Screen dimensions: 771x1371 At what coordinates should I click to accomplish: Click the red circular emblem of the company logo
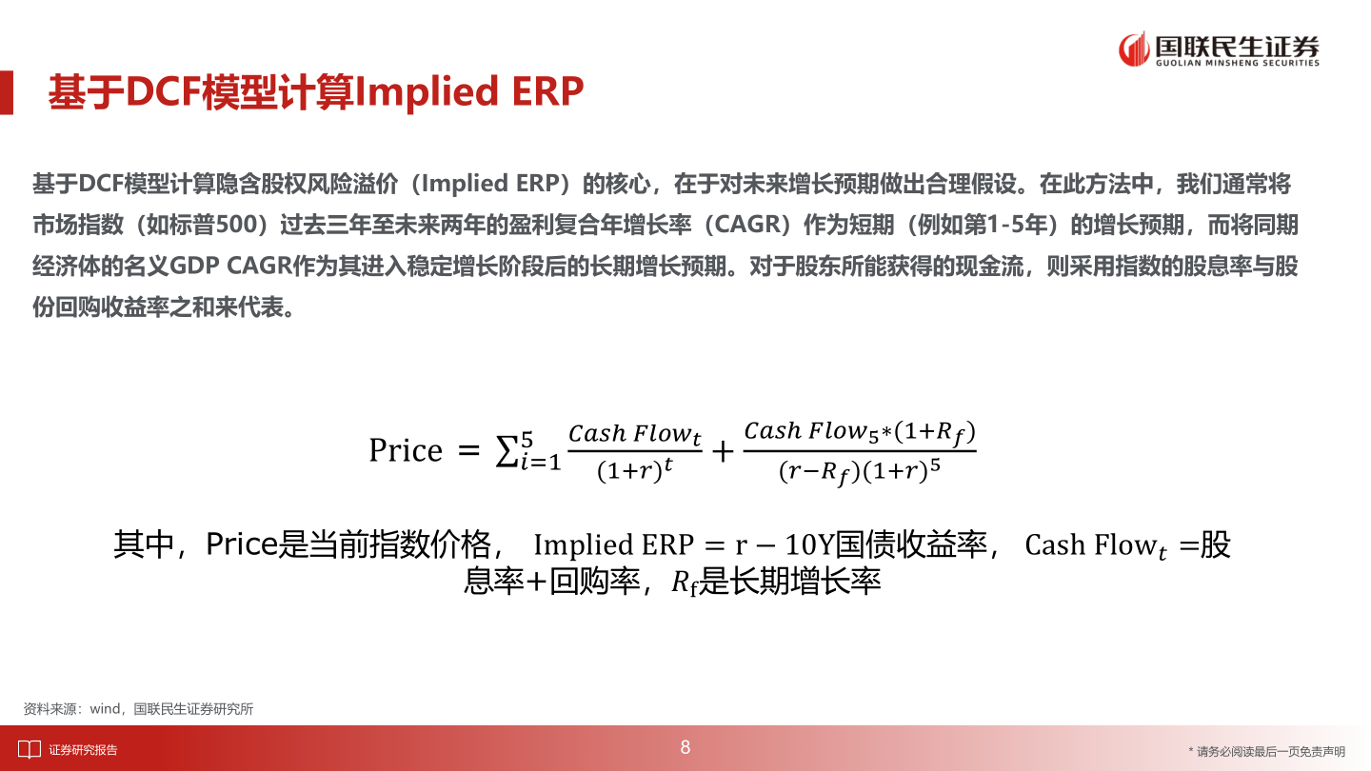1133,49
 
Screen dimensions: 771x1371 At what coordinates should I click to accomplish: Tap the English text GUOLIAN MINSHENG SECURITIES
1237,64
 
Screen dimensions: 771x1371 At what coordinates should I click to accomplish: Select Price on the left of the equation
406,450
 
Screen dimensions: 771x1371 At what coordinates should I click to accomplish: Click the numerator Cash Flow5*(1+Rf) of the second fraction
860,432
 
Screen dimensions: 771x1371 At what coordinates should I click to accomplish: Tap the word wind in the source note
105,709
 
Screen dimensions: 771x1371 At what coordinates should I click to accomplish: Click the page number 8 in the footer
685,748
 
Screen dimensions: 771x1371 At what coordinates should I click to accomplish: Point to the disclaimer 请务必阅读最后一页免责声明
1270,751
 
